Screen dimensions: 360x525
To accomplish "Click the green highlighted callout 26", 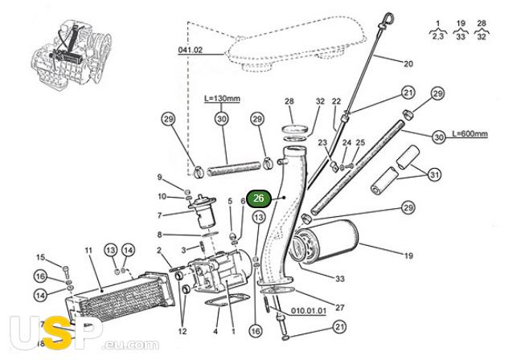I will [258, 198].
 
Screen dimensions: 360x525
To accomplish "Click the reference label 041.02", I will [190, 50].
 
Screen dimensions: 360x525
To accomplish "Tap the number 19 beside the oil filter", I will [408, 256].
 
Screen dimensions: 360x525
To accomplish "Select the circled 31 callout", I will [434, 175].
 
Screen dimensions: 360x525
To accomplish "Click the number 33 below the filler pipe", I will [338, 278].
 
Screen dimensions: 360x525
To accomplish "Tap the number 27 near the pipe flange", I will [339, 307].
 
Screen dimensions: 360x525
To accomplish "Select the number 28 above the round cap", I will [289, 101].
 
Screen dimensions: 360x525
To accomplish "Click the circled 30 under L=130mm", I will [221, 119].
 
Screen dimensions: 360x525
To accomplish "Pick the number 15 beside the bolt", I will [39, 257].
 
